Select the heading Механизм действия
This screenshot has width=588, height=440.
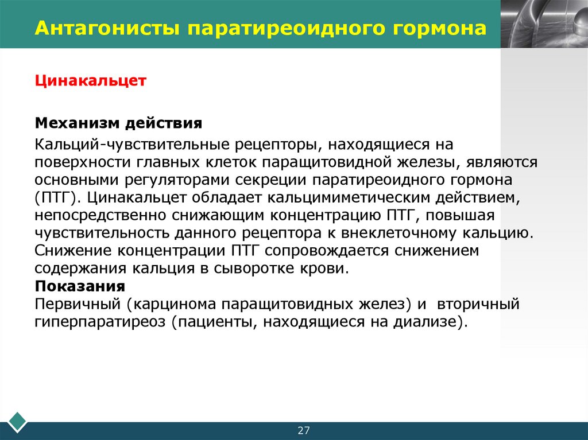(x=119, y=123)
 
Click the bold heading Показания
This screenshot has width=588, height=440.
(x=80, y=286)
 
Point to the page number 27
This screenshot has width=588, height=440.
(x=303, y=431)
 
